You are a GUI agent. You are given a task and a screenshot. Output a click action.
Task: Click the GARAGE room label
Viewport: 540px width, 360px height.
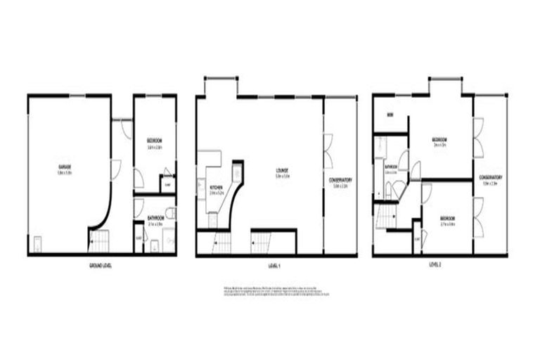point(65,167)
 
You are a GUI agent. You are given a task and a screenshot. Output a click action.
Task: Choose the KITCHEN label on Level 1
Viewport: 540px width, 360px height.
point(216,187)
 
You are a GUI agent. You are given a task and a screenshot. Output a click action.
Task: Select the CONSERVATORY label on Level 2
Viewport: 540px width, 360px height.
point(490,177)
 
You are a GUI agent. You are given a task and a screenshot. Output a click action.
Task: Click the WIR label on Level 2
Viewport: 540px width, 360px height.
point(389,115)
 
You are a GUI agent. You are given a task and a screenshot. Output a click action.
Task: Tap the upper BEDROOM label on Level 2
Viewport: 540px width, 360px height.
point(440,139)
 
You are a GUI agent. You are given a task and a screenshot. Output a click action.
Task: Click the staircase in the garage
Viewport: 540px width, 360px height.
point(98,240)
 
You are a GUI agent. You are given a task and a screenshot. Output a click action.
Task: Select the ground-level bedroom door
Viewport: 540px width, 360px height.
point(139,179)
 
